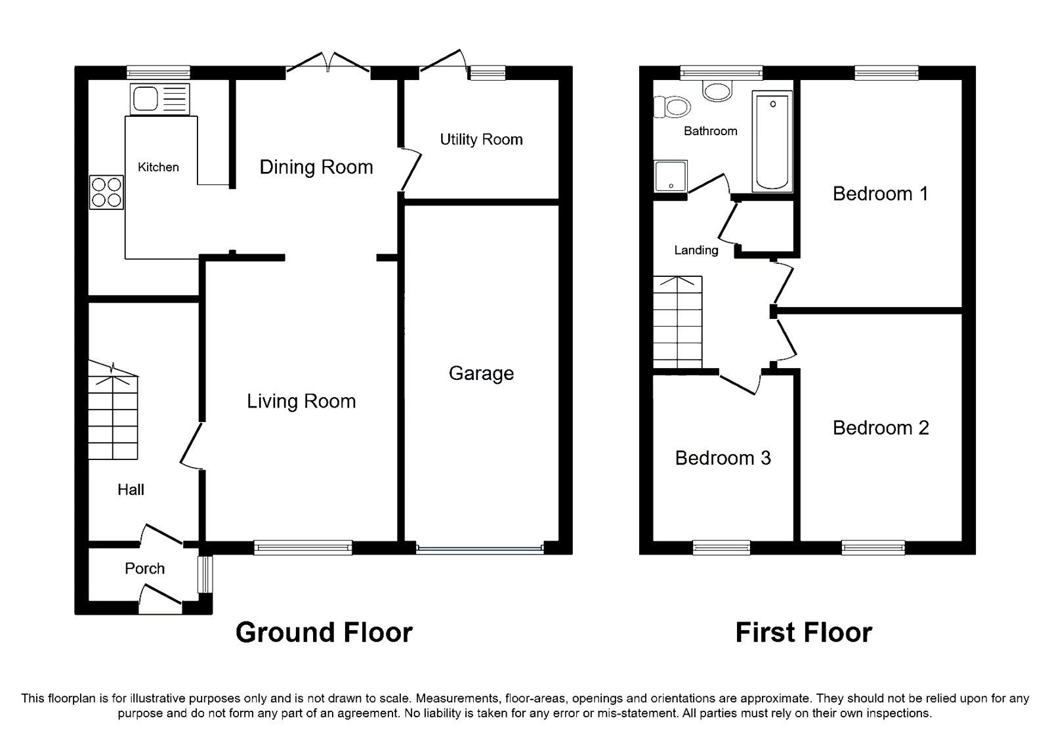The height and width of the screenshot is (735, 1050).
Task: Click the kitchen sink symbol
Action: coord(160,100)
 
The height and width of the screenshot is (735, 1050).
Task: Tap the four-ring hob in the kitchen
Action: coord(107,192)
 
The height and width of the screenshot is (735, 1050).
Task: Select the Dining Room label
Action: coord(316,167)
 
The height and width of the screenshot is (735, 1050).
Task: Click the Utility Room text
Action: coord(481,139)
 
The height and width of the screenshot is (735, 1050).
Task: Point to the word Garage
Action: coord(481,373)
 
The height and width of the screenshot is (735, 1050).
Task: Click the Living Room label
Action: coord(301,401)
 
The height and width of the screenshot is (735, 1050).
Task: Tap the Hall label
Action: coord(131,490)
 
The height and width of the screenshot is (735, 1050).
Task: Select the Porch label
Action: coord(144,568)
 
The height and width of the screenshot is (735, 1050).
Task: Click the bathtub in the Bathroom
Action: coord(773,141)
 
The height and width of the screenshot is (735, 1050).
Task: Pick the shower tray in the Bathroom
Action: coord(671,176)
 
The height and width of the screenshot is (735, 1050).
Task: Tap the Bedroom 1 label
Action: coord(880,194)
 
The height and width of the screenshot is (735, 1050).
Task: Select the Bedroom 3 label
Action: coord(723,458)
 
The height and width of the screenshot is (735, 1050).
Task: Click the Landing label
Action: coord(696,250)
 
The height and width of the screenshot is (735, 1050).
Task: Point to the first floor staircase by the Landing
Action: coord(677,323)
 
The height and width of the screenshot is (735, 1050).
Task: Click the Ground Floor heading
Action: coord(324,632)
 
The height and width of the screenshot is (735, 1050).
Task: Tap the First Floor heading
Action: coord(803,632)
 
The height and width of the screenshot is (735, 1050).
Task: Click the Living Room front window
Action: coord(303,547)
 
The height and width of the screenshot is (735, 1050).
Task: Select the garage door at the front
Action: coord(480,549)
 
